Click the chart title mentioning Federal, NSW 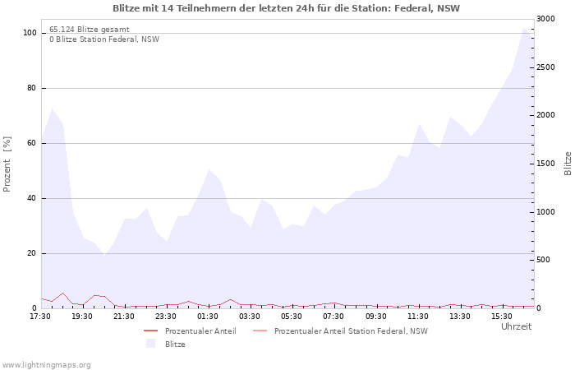point(287,8)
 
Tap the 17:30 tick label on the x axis point(40,316)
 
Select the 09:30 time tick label point(375,316)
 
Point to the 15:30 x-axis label point(502,316)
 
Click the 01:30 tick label point(208,316)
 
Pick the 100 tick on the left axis point(30,33)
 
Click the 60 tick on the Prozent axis point(32,143)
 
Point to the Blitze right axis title point(568,163)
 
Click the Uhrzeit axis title point(517,326)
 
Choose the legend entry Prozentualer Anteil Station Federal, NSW point(351,331)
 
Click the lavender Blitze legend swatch point(150,344)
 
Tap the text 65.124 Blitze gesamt point(90,30)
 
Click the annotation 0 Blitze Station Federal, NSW point(104,39)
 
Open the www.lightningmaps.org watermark point(46,364)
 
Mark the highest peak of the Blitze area point(524,28)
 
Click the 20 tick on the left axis point(32,253)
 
